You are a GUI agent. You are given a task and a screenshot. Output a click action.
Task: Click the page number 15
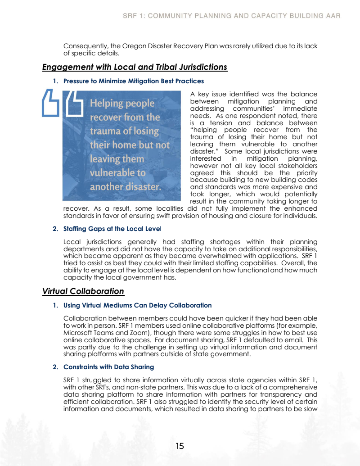point(180,446)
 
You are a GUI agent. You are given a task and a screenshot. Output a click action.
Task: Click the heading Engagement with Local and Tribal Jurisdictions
point(135,67)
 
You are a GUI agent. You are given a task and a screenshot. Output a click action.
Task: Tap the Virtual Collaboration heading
point(83,291)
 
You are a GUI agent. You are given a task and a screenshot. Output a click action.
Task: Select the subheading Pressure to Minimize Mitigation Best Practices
point(133,81)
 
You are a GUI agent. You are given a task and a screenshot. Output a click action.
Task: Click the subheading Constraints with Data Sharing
point(108,367)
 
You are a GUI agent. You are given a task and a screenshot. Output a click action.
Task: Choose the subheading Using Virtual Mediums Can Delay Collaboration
point(137,305)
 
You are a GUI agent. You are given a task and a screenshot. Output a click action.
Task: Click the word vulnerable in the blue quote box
point(117,173)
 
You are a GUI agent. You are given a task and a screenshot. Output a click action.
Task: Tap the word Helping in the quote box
point(106,103)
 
